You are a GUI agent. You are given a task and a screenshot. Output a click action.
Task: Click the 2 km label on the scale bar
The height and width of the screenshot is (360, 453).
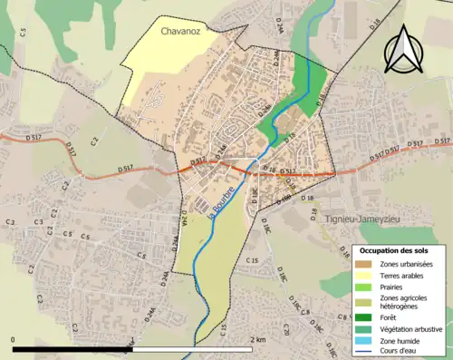point(257,339)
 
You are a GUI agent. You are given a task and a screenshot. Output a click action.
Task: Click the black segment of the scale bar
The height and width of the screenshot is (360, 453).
point(72,348)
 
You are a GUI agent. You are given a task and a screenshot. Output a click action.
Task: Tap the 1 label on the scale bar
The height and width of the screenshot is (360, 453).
point(133,339)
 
